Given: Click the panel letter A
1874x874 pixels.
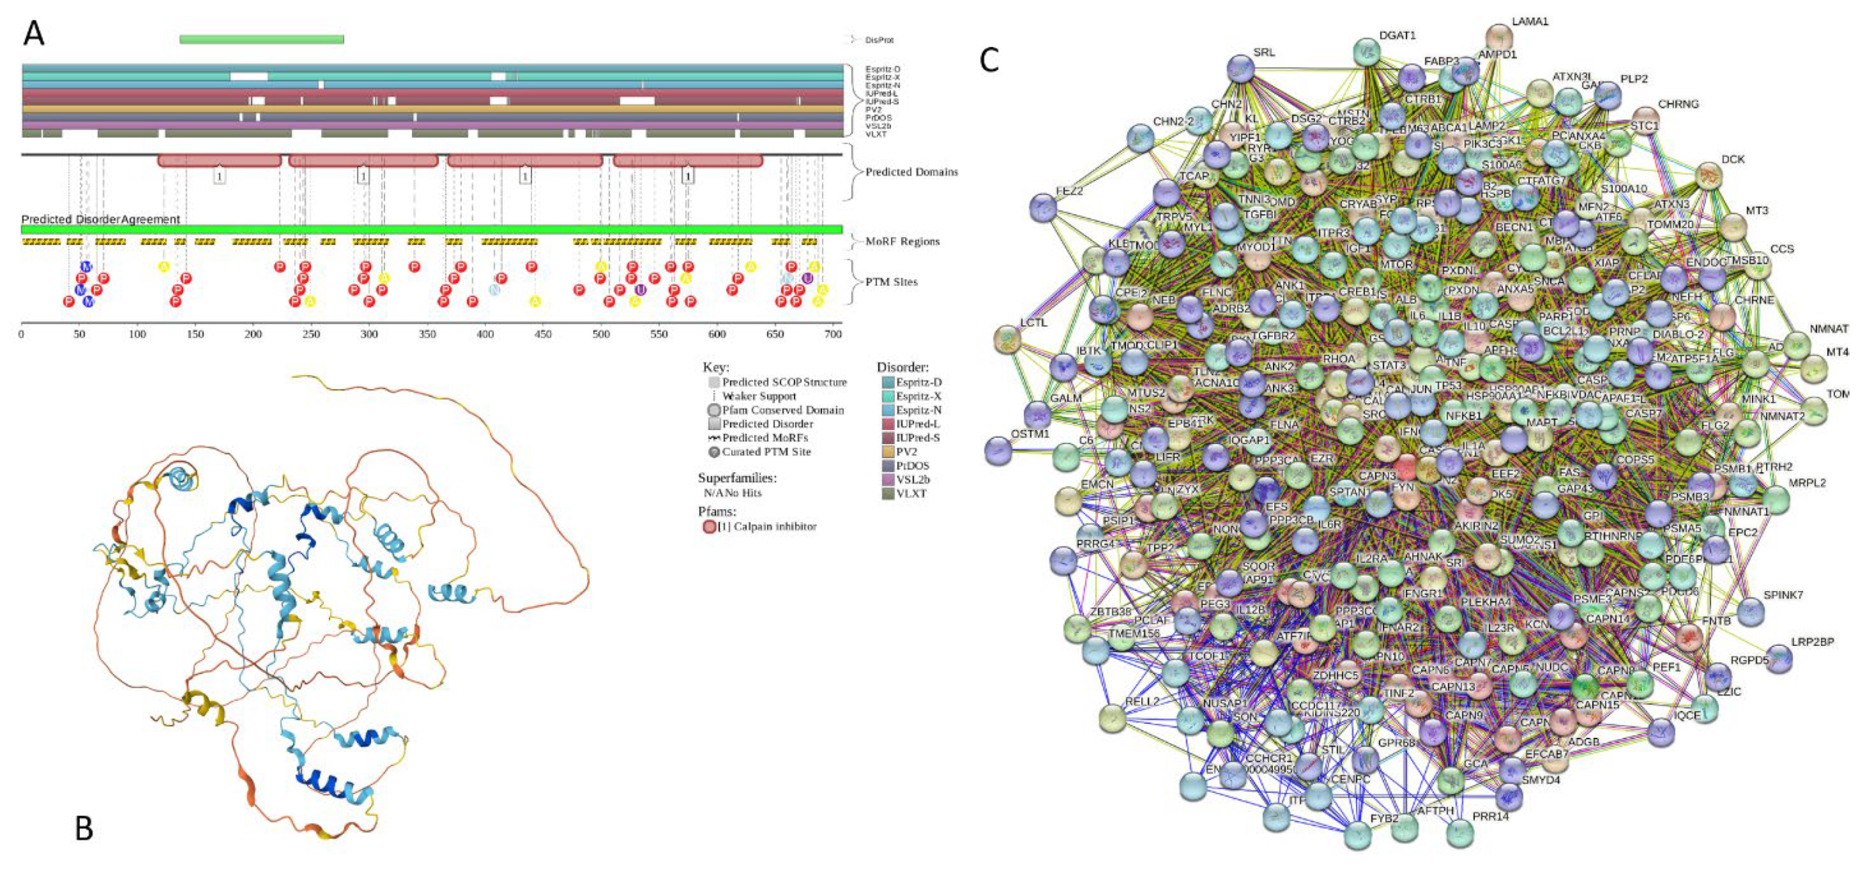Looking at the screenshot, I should [x=34, y=34].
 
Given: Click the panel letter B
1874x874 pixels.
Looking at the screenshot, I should [x=85, y=828].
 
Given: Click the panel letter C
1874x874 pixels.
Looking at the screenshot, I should [x=990, y=60].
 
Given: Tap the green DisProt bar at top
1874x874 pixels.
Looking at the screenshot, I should [x=261, y=40].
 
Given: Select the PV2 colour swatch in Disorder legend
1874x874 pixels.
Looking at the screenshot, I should [x=886, y=451].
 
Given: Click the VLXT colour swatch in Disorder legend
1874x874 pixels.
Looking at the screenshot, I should [x=886, y=494].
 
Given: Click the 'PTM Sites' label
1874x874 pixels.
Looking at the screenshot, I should [x=891, y=282].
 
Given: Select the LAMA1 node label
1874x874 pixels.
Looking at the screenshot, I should [x=1530, y=22].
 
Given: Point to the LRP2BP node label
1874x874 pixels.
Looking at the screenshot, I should [x=1812, y=642].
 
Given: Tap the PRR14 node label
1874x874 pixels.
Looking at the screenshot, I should [x=1491, y=816].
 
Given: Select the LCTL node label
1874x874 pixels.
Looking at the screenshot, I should [x=1033, y=322].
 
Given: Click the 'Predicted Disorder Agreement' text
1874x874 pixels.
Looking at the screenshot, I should [x=101, y=219].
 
